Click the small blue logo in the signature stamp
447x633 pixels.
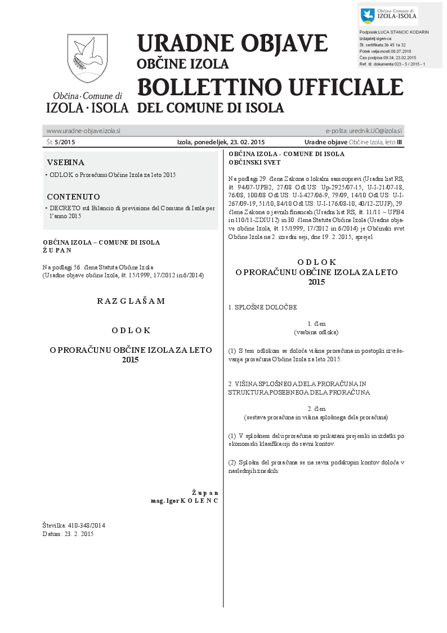(368, 16)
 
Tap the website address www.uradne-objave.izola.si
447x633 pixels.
(83, 131)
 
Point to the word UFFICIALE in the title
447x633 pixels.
(343, 87)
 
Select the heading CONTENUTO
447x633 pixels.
(73, 197)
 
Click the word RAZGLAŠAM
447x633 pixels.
(131, 301)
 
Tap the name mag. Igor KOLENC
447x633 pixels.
(184, 500)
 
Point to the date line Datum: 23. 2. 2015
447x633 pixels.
(68, 534)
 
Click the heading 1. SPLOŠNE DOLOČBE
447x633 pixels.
(262, 307)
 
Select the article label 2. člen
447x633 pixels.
(316, 408)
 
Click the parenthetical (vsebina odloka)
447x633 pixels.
(316, 332)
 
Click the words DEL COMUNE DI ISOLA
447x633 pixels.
(211, 107)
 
